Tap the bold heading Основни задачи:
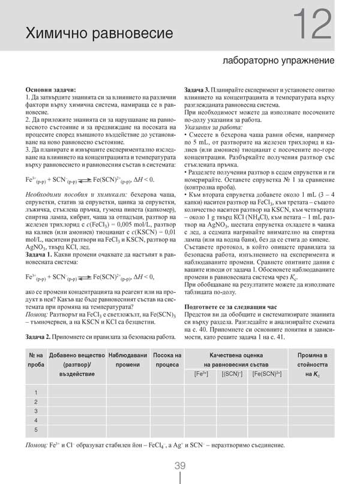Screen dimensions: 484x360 51,89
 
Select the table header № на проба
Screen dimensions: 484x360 35,360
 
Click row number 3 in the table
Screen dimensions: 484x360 36,411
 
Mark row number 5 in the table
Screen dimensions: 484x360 36,430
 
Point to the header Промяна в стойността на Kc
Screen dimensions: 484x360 316,365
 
